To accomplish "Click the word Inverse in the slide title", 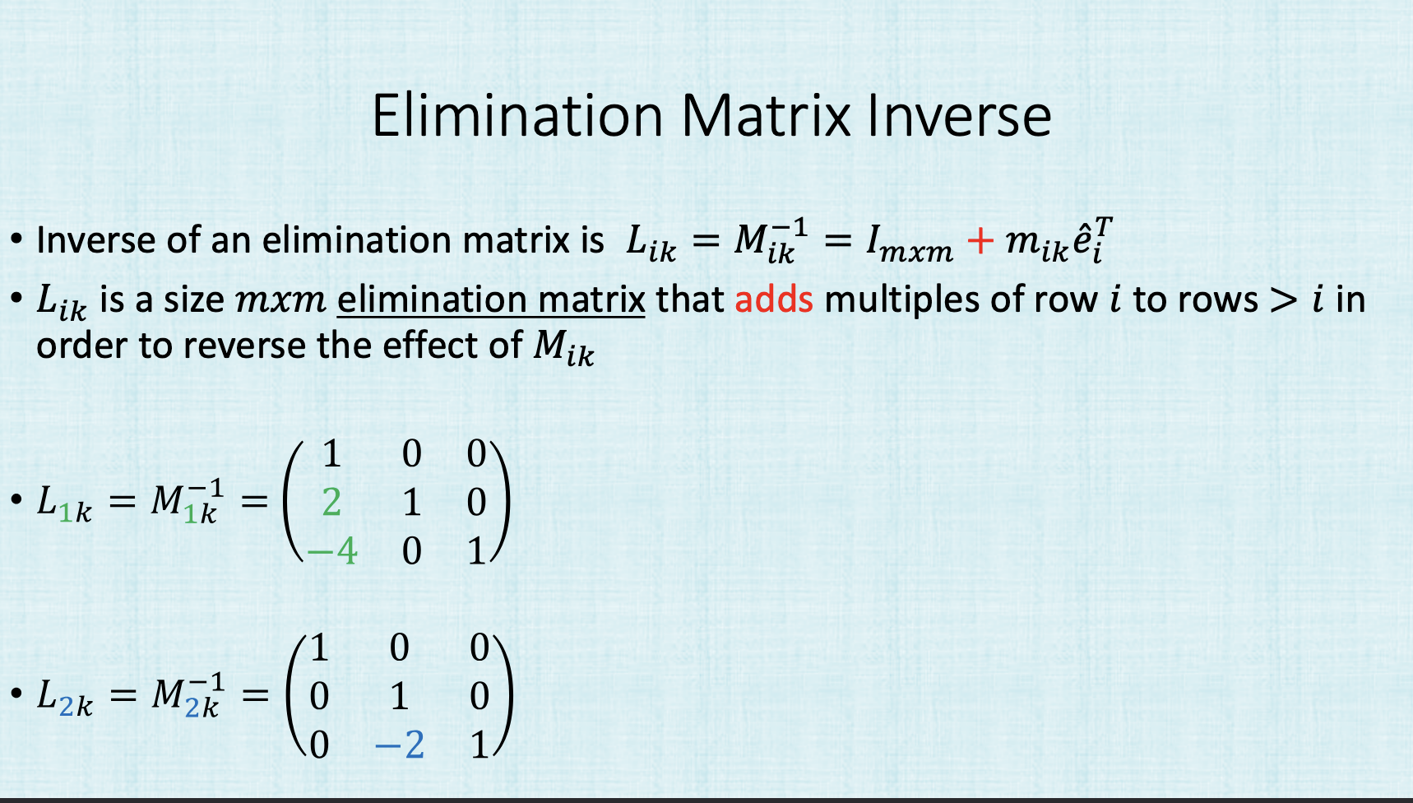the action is (x=959, y=116).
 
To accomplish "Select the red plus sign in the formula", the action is (x=980, y=240).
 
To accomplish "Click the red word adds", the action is (x=774, y=299).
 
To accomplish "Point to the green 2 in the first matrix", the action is (x=331, y=502).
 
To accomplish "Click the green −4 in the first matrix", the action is (x=332, y=551).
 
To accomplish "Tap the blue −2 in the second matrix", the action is (x=400, y=745).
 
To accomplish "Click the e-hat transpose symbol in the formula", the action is (x=1094, y=240).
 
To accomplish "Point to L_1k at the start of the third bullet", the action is (x=64, y=503).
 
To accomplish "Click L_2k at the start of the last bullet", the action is (x=65, y=698).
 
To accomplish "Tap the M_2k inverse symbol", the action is (x=188, y=695).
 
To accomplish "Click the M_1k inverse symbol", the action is (x=187, y=501).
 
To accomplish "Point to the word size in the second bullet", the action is (x=194, y=300).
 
